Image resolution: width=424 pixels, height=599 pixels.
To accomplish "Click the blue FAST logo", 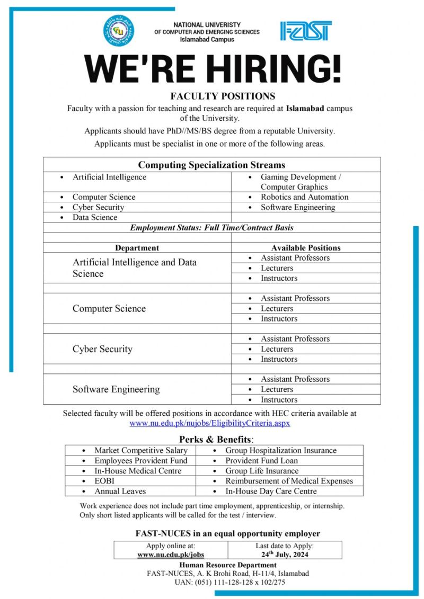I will point(306,31).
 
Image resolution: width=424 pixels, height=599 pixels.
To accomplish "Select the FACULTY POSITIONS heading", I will point(223,96).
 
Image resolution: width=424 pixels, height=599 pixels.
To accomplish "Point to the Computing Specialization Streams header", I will point(211,165).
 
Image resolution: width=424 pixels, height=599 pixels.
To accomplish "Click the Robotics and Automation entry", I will point(304,197).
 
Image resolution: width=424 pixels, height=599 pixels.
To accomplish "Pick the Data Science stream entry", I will point(95,217).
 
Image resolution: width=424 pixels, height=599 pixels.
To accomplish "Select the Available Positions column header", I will point(306,247).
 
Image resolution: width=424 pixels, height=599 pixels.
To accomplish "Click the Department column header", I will point(137,247).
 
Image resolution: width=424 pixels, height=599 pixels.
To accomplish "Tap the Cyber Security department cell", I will point(102,349).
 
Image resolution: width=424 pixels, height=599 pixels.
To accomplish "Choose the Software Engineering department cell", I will point(116,389).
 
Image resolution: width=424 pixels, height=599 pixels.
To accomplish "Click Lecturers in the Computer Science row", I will point(277,308).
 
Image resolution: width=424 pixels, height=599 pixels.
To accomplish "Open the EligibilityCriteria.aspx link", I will point(210,423).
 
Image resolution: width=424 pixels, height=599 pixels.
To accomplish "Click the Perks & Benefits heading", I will point(216,439).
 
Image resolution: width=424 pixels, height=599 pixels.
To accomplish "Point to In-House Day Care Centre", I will point(271,491).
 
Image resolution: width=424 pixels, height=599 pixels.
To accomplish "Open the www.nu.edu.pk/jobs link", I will point(171,555).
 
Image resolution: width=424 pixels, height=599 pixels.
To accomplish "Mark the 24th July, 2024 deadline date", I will point(285,555).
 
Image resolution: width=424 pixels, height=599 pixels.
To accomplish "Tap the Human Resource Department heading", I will point(228,565).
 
